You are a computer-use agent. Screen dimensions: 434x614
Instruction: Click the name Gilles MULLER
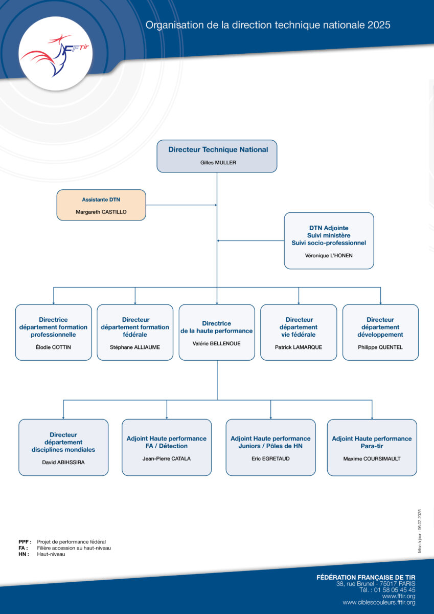(218, 163)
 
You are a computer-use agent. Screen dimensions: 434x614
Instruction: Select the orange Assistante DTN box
(101, 205)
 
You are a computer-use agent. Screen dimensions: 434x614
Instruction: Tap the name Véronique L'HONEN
(329, 255)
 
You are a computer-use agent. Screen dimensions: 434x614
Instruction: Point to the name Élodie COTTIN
(53, 347)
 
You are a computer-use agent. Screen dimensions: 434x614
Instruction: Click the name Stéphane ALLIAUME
(135, 347)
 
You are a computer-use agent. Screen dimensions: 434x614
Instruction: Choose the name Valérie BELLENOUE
(217, 343)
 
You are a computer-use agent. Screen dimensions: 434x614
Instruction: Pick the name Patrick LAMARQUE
(299, 347)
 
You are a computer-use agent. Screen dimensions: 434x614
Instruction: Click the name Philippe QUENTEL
(380, 347)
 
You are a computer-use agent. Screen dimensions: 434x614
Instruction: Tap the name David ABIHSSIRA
(63, 462)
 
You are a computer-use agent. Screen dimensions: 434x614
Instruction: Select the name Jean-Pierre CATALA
(167, 458)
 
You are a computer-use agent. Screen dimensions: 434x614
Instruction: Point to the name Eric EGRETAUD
(270, 458)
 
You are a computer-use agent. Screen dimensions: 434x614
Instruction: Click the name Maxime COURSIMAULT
(372, 458)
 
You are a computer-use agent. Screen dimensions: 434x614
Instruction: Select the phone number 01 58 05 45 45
(395, 590)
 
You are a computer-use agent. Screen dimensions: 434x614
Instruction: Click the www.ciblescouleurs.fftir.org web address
(379, 603)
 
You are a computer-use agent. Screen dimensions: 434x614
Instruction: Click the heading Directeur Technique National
(218, 149)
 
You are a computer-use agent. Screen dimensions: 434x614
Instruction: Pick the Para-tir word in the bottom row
(372, 446)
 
